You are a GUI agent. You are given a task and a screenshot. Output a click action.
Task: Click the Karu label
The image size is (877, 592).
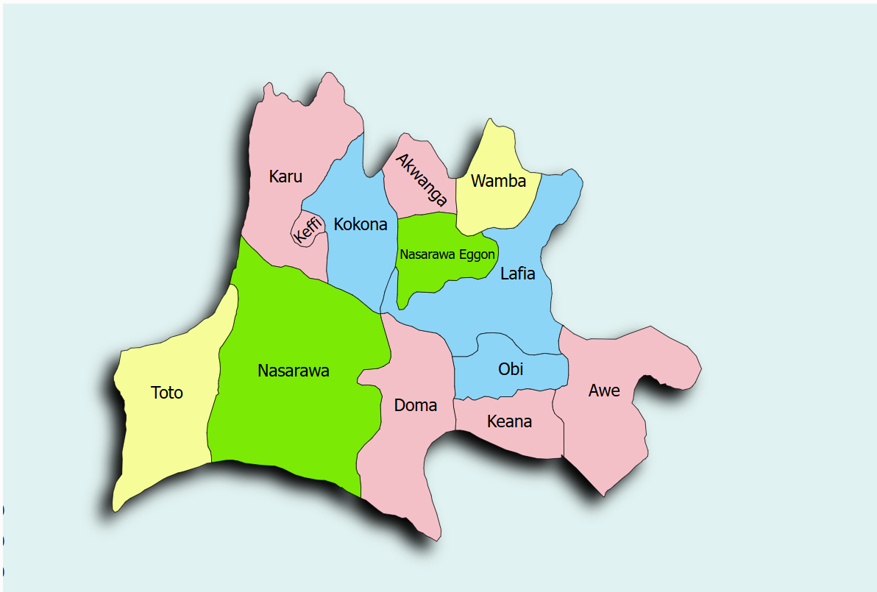(285, 176)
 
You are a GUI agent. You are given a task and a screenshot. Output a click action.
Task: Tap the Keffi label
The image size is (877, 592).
(308, 229)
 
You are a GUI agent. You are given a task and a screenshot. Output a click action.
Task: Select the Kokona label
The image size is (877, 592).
(361, 224)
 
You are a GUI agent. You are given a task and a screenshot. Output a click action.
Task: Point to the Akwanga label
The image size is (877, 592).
(422, 179)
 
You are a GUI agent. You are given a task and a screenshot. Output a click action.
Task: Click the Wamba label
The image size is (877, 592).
(498, 181)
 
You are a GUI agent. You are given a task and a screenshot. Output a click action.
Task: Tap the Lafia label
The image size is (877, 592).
(517, 274)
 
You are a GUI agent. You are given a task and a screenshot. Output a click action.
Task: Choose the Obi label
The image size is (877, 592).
(511, 368)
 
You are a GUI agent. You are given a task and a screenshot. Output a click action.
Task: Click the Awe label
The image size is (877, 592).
(604, 390)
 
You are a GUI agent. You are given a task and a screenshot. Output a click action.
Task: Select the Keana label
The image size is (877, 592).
(509, 422)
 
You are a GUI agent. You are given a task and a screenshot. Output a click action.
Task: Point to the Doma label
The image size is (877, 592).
(416, 405)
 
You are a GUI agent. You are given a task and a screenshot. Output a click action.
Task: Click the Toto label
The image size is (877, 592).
(167, 393)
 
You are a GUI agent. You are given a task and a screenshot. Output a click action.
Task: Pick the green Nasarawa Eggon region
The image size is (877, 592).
(427, 276)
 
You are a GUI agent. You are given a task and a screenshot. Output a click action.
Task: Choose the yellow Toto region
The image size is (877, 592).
(162, 434)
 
